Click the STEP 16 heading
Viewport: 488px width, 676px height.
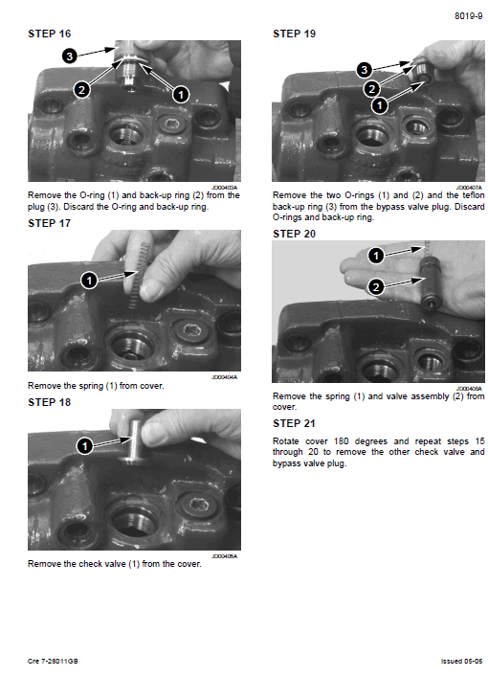[x=49, y=34]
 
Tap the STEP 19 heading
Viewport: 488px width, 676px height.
[x=294, y=34]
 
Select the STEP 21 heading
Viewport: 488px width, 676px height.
[x=294, y=423]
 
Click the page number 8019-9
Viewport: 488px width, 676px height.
[x=468, y=16]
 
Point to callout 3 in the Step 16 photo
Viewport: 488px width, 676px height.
[x=69, y=56]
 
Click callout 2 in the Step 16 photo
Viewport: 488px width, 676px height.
[x=81, y=90]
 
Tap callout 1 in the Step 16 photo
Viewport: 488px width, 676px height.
[x=181, y=95]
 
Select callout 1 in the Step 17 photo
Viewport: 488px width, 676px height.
[x=89, y=281]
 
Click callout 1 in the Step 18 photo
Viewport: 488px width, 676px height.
[x=84, y=446]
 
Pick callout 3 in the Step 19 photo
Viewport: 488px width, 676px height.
[x=365, y=69]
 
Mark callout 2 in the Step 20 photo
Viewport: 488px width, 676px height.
[x=376, y=286]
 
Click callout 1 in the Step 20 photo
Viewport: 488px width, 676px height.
[x=376, y=256]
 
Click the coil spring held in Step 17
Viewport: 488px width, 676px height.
[x=139, y=276]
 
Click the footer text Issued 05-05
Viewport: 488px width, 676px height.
[x=461, y=661]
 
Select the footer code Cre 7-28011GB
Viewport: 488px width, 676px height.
[x=53, y=661]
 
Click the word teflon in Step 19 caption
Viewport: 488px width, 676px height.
[x=474, y=195]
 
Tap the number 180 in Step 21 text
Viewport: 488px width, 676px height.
[x=342, y=441]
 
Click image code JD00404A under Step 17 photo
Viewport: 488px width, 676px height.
[x=225, y=377]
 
